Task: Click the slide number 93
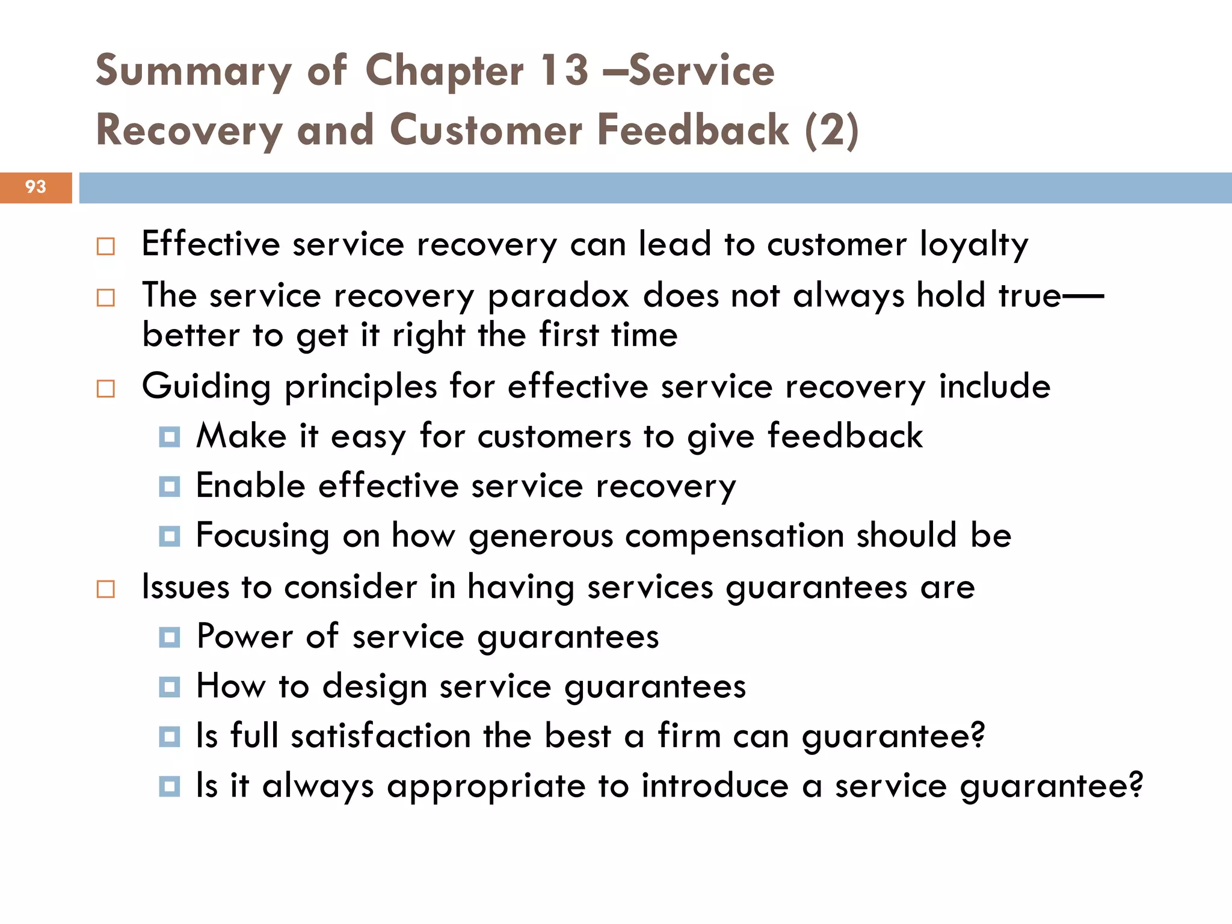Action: click(35, 187)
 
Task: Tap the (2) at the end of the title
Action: click(831, 130)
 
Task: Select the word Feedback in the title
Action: click(692, 130)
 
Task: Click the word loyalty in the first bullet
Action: click(974, 245)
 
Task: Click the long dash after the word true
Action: click(1083, 296)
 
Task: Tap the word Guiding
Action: click(206, 387)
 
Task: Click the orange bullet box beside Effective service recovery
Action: click(106, 247)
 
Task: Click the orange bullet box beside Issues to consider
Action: click(106, 589)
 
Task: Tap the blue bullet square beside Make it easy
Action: click(170, 437)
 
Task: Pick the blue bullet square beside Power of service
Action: click(170, 637)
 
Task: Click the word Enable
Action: click(251, 485)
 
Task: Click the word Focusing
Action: click(263, 536)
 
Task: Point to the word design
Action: click(374, 686)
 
